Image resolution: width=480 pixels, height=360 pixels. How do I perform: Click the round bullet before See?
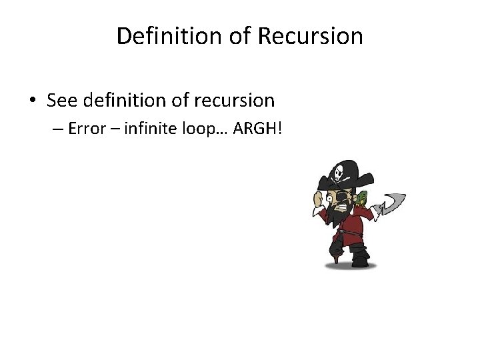pos(33,101)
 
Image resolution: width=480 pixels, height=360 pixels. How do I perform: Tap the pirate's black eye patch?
pos(341,197)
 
